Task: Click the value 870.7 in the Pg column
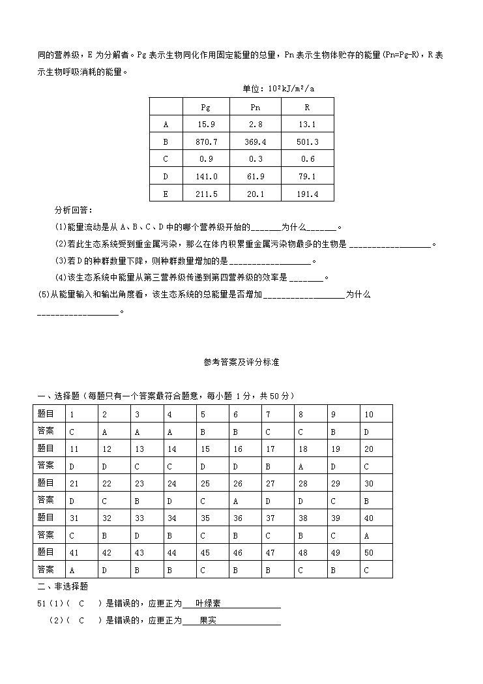point(205,141)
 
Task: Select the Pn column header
point(256,108)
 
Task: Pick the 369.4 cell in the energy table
point(256,141)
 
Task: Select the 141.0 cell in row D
point(205,177)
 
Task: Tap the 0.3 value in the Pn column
point(256,159)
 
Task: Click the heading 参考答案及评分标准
point(241,363)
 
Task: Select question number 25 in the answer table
point(204,483)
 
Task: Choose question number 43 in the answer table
point(138,552)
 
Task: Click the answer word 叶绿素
point(207,604)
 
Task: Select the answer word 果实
point(207,621)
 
